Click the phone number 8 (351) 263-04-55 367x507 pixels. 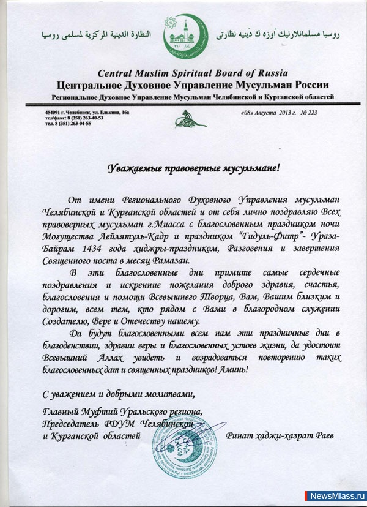[x=71, y=123]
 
